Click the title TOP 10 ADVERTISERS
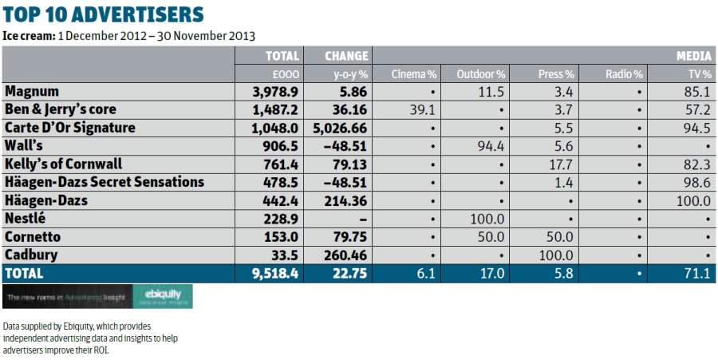point(103,14)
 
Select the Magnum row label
point(32,92)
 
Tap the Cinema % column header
point(415,74)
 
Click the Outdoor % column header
point(481,74)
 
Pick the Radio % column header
point(624,74)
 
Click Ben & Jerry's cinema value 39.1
point(423,110)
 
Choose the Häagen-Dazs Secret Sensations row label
point(105,182)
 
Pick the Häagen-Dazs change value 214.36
point(345,200)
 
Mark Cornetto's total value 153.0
point(283,237)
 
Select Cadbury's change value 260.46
point(345,255)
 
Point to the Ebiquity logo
point(162,296)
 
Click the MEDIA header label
point(694,56)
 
